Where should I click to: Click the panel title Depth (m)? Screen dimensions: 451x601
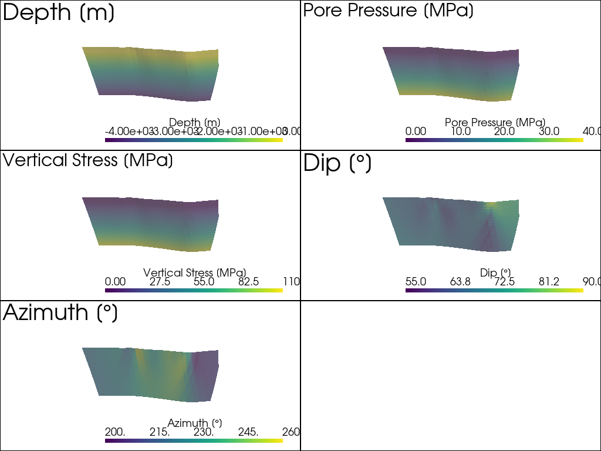[59, 13]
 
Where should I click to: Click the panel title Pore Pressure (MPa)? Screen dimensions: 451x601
[388, 11]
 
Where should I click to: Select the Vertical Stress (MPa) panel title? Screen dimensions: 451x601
[88, 160]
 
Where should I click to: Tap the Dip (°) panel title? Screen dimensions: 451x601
[337, 164]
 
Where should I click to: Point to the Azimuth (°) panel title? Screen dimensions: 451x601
[60, 313]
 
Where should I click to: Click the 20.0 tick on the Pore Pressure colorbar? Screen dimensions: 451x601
[504, 131]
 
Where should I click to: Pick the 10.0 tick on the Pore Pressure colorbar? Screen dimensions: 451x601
[460, 131]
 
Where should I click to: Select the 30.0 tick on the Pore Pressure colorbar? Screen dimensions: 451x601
[548, 131]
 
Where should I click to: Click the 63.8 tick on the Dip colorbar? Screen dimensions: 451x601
[460, 282]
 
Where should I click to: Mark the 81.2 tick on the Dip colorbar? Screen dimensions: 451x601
[548, 282]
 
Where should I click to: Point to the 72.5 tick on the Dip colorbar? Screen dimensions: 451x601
[504, 282]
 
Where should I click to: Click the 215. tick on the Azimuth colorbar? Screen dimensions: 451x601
[160, 432]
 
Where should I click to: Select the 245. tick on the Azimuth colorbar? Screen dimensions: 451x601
[248, 432]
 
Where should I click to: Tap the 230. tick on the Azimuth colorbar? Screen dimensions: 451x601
[204, 432]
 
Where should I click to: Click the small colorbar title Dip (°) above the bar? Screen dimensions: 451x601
[495, 272]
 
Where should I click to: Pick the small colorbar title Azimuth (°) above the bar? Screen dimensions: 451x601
[194, 423]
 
